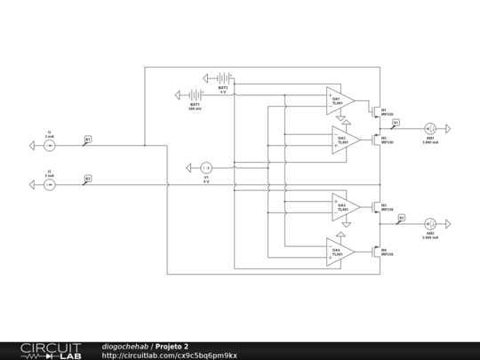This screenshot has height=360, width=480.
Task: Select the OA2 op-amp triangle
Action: (x=346, y=140)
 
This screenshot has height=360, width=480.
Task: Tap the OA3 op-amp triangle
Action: (x=346, y=206)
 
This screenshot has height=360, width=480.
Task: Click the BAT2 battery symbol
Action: (x=221, y=78)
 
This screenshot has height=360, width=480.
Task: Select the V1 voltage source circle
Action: (x=205, y=167)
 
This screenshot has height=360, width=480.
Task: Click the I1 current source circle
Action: (x=50, y=145)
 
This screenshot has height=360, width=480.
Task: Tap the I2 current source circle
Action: (x=50, y=185)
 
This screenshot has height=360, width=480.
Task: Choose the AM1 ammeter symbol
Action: (x=429, y=127)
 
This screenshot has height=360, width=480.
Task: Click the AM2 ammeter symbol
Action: (x=429, y=225)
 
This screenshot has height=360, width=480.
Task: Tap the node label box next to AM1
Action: (x=396, y=123)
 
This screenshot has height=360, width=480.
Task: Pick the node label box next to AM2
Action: (x=401, y=217)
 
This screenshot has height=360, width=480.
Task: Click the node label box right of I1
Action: (x=87, y=140)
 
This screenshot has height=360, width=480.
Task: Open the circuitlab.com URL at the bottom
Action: (x=169, y=355)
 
